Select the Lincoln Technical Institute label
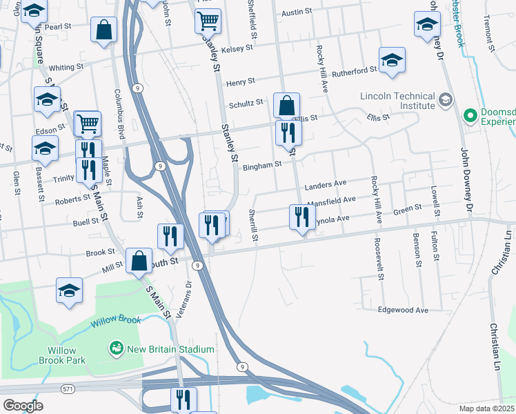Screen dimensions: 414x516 pyautogui.click(x=397, y=101)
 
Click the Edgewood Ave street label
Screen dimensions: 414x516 pyautogui.click(x=403, y=310)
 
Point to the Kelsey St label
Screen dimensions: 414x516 pyautogui.click(x=237, y=48)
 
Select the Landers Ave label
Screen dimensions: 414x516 pyautogui.click(x=325, y=185)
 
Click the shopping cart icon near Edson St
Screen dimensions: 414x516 pyautogui.click(x=88, y=124)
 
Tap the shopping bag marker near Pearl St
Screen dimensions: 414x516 pyautogui.click(x=103, y=30)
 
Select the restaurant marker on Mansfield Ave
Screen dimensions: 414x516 pyautogui.click(x=301, y=217)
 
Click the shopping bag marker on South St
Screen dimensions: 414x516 pyautogui.click(x=139, y=261)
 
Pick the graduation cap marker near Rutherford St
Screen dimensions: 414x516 pyautogui.click(x=392, y=60)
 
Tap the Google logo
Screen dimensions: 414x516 pyautogui.click(x=23, y=406)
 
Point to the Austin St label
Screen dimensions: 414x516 pyautogui.click(x=297, y=12)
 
